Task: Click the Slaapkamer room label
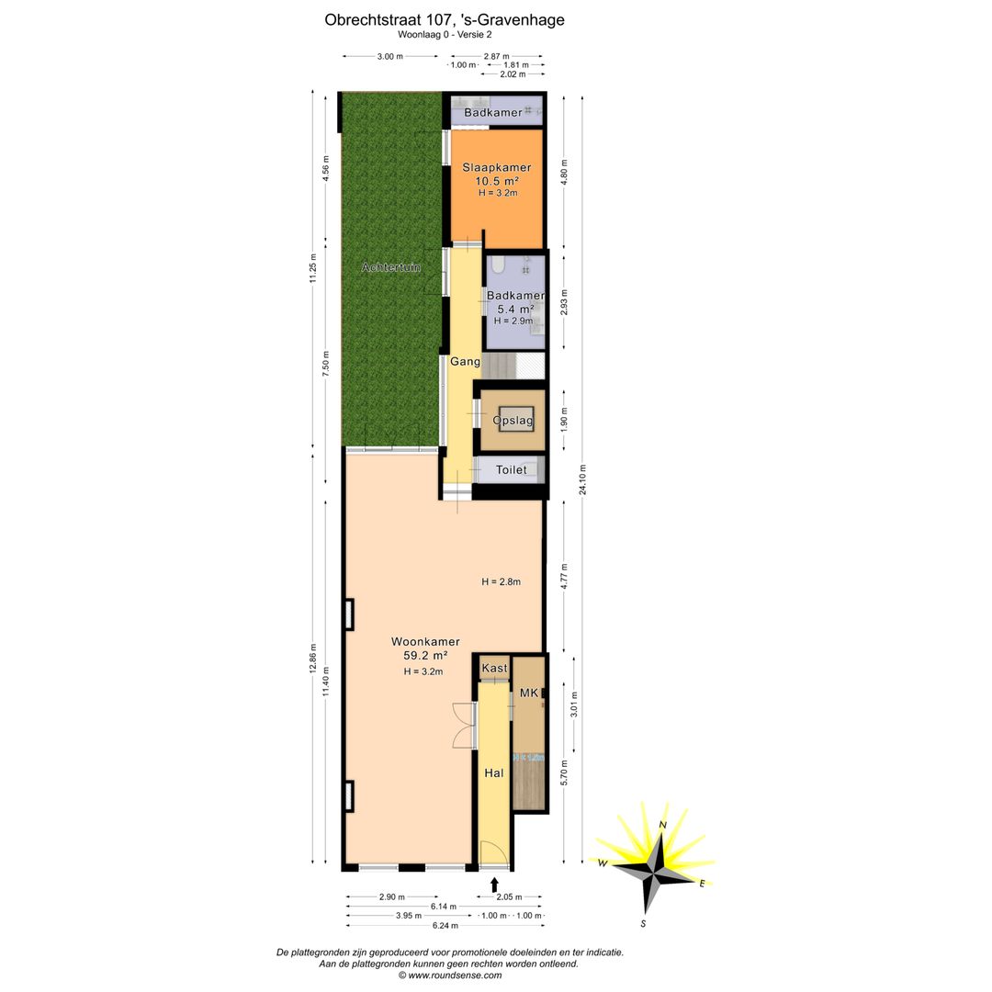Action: (x=496, y=168)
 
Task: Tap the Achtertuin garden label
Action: (x=391, y=267)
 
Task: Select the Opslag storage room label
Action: (x=513, y=420)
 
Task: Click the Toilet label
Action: (x=512, y=469)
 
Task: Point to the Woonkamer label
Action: (x=424, y=641)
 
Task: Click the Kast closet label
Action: (x=494, y=668)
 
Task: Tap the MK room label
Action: (x=528, y=693)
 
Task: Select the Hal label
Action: (x=494, y=773)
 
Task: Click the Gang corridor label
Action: (x=465, y=362)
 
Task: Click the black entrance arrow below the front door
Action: (x=495, y=885)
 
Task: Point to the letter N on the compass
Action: (x=661, y=825)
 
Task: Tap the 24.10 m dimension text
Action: (x=582, y=479)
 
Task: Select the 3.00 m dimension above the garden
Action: (x=390, y=56)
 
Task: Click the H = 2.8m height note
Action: (x=502, y=581)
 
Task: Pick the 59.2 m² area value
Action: (x=425, y=656)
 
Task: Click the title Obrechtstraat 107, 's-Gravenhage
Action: (x=445, y=18)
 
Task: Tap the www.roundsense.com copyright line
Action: (x=449, y=975)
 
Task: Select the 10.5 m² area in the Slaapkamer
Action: (x=496, y=181)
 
